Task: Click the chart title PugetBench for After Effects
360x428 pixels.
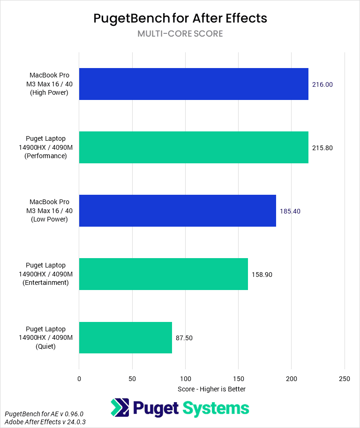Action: click(180, 18)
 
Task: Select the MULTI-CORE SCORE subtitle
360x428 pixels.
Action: click(180, 34)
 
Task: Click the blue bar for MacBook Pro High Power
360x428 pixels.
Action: click(194, 84)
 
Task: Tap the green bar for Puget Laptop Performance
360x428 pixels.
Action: click(194, 147)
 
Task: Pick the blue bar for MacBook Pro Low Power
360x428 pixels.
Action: click(177, 211)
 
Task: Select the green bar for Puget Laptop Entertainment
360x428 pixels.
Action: click(163, 274)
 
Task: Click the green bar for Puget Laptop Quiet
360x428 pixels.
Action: click(126, 337)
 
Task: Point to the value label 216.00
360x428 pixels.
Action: click(322, 84)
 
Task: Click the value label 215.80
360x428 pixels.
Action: click(322, 148)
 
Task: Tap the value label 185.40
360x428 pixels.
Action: click(290, 211)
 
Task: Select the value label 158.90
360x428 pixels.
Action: click(262, 275)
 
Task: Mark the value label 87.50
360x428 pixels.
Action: click(184, 338)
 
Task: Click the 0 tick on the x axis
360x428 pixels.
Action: click(79, 378)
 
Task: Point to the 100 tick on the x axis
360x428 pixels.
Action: click(185, 378)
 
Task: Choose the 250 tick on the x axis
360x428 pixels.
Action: click(345, 378)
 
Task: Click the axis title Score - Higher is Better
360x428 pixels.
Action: click(211, 389)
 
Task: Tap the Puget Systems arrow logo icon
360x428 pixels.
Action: click(120, 408)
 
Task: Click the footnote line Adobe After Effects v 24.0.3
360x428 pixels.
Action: click(45, 422)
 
